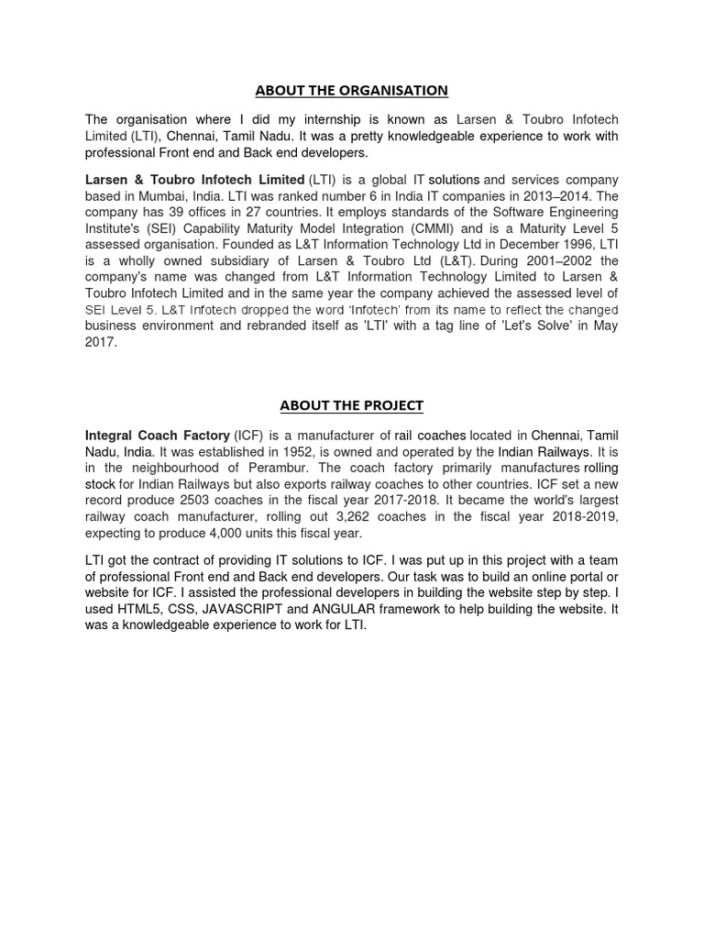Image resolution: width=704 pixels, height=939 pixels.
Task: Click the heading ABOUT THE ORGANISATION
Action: pos(352,90)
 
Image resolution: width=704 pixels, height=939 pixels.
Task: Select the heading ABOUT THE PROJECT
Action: pos(352,405)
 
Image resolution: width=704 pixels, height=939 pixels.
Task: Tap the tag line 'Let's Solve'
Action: pos(530,326)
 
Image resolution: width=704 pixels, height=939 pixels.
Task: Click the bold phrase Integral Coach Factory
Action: pos(158,436)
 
